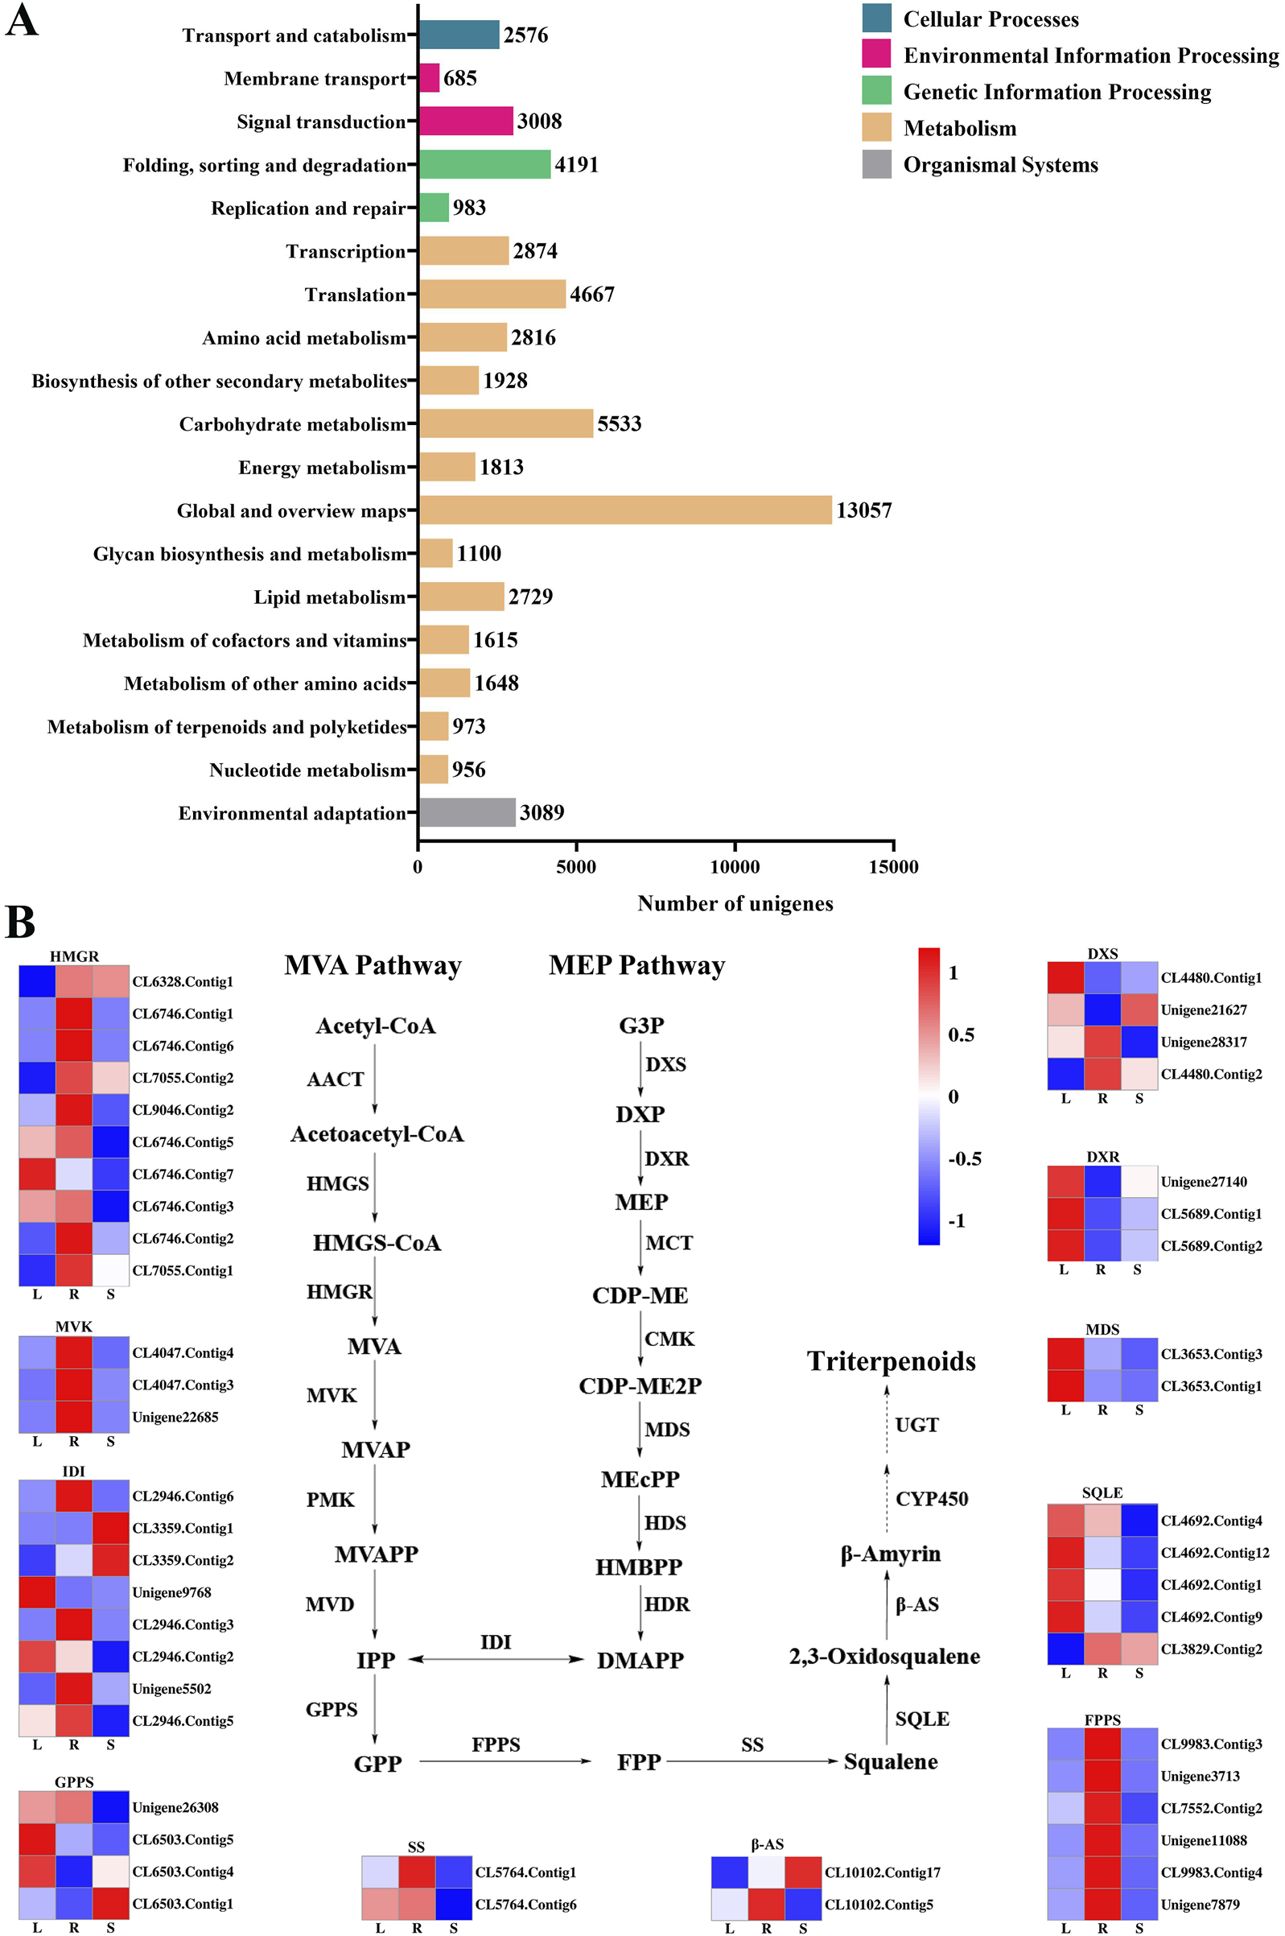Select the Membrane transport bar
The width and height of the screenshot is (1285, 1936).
(x=429, y=78)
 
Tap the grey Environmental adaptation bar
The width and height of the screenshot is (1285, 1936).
(x=467, y=812)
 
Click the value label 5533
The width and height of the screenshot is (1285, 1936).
(x=619, y=423)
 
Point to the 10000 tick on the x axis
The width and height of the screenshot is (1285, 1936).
(x=735, y=867)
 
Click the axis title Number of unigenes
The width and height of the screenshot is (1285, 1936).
(x=735, y=903)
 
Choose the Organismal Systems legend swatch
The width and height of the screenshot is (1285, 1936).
(x=876, y=164)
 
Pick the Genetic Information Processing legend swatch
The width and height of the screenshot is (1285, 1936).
(x=876, y=91)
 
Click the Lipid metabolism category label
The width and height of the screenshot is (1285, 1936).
(x=329, y=596)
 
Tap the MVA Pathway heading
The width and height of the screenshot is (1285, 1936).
(x=373, y=965)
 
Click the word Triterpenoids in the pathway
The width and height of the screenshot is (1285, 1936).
(x=891, y=1361)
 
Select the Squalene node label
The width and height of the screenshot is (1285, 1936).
(x=891, y=1761)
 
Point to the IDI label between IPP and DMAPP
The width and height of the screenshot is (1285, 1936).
(x=496, y=1641)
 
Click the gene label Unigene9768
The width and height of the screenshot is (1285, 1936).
(x=171, y=1591)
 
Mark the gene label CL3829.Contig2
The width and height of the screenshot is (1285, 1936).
(x=1211, y=1649)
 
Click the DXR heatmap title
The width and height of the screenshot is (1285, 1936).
(x=1102, y=1157)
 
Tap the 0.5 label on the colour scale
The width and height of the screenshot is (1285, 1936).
(x=961, y=1035)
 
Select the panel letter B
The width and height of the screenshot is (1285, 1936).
(x=20, y=922)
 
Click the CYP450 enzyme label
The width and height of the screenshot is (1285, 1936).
(x=932, y=1499)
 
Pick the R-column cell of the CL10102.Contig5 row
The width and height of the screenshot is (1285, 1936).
(x=766, y=1905)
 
